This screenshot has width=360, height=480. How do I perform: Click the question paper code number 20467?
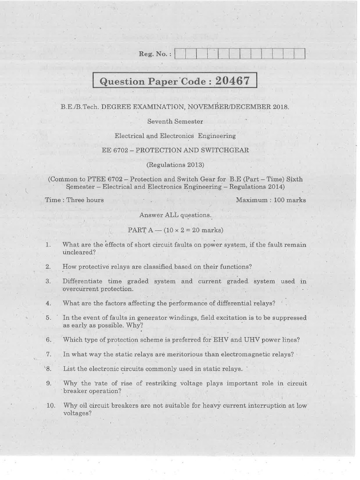[233, 80]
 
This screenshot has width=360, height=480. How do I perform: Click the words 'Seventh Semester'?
[175, 121]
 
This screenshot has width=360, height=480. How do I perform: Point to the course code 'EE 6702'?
[114, 150]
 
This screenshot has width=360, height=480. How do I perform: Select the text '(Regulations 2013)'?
[175, 165]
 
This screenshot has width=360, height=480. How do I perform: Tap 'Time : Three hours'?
[75, 200]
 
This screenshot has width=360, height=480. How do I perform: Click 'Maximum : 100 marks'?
[270, 200]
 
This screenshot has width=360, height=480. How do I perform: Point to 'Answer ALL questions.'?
[175, 215]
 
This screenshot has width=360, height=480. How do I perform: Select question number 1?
[48, 245]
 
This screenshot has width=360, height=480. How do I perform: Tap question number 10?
[51, 405]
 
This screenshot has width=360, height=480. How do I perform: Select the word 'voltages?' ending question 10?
[77, 413]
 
